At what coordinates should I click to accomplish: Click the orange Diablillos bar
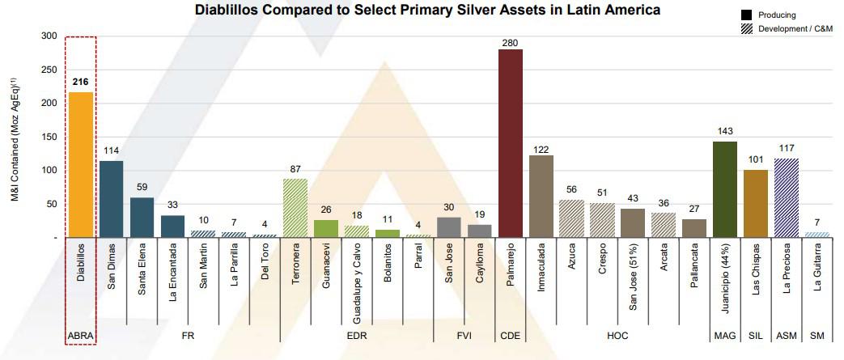tap(81, 165)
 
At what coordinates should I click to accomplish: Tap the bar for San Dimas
tap(111, 199)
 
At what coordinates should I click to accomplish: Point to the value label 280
tap(510, 40)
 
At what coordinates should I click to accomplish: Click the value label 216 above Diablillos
tap(81, 83)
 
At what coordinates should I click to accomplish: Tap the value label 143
tap(724, 131)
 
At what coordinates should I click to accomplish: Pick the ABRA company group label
tap(81, 335)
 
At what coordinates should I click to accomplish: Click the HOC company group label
tap(616, 335)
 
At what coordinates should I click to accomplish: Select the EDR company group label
tap(358, 335)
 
